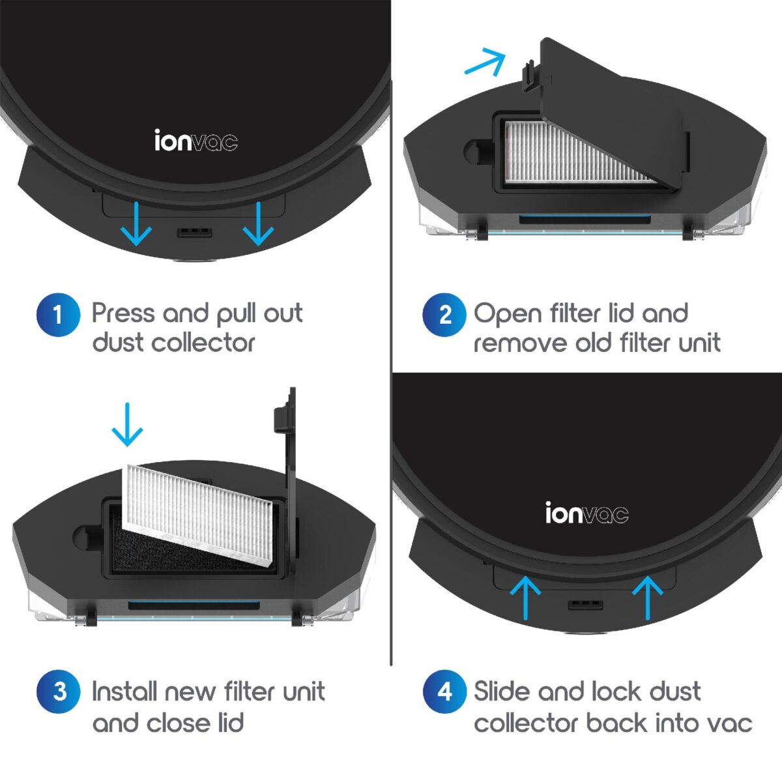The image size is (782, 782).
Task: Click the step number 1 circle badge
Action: click(58, 315)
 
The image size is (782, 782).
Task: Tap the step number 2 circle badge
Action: click(444, 315)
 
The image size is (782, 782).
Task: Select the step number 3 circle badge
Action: click(59, 691)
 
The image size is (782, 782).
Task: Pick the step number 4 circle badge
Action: click(444, 691)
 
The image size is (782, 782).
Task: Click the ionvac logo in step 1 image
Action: click(195, 141)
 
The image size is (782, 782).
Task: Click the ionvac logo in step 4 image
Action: click(586, 514)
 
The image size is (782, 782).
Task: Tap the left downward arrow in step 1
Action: click(137, 224)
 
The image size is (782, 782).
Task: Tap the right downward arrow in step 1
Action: click(259, 224)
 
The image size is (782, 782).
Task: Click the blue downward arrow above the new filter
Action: click(127, 425)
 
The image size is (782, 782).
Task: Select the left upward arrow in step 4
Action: click(525, 597)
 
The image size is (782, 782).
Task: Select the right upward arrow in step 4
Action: click(647, 597)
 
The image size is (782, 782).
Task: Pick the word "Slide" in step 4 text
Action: click(502, 691)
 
